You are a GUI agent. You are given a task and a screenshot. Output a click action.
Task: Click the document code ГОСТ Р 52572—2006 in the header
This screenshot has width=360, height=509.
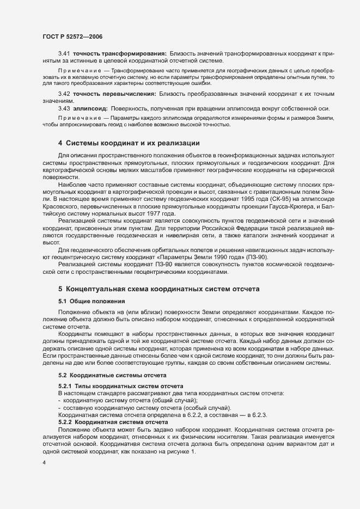pyautogui.click(x=72, y=36)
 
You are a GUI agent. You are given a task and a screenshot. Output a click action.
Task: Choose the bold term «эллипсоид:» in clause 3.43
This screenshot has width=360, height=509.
pyautogui.click(x=90, y=108)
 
